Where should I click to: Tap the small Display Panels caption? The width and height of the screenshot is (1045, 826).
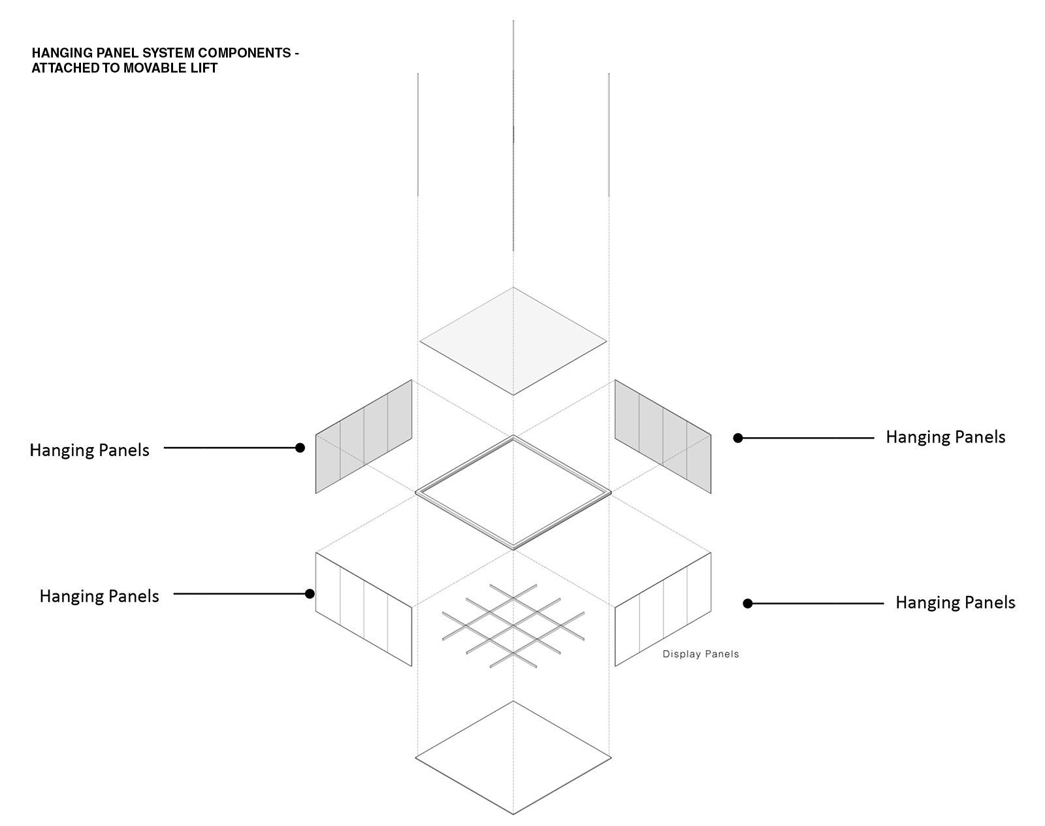(701, 654)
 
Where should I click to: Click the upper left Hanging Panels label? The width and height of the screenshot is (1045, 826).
(89, 450)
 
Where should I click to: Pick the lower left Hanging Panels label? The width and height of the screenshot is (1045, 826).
(99, 596)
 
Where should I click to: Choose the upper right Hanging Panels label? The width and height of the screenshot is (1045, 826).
(946, 437)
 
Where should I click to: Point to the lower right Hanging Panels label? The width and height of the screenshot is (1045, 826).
(955, 603)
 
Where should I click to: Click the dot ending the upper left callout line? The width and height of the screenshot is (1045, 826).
(300, 448)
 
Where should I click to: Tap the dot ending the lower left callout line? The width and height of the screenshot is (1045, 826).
(310, 593)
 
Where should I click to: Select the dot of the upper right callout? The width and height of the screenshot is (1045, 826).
(738, 438)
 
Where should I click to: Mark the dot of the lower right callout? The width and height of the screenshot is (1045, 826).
(748, 603)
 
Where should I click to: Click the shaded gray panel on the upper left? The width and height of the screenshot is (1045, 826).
(364, 437)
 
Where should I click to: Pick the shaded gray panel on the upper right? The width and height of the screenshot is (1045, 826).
(663, 437)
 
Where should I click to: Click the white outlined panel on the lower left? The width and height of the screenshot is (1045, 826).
(364, 609)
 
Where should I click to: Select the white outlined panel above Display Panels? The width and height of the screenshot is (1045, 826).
(663, 609)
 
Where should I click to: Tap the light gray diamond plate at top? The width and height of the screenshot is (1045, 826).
(513, 341)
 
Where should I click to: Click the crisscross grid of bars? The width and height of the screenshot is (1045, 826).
(513, 626)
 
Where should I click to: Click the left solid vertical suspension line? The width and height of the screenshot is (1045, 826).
(418, 135)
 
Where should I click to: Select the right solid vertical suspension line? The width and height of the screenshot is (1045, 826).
(609, 135)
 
